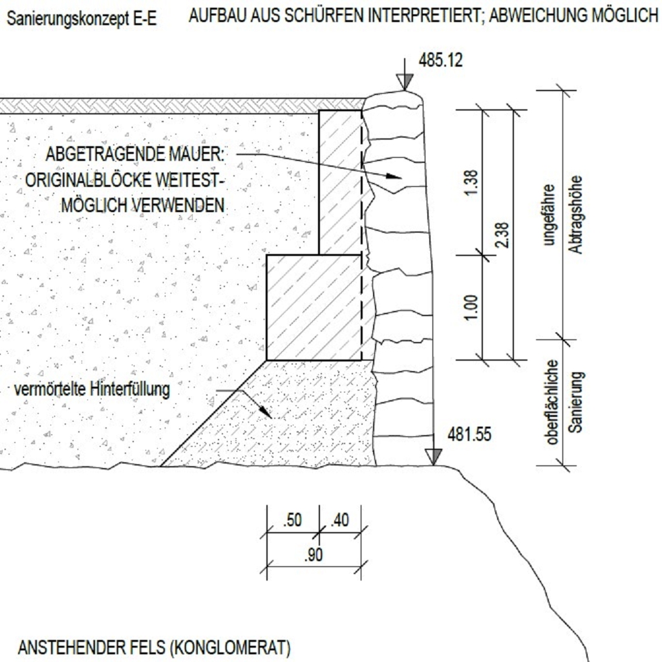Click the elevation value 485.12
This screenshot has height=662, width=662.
click(440, 60)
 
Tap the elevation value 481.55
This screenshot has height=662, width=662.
click(469, 434)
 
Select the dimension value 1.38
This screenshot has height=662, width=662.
click(471, 182)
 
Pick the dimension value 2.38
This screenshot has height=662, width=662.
click(503, 235)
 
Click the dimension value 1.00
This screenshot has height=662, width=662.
click(471, 307)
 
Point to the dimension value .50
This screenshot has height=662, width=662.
click(293, 520)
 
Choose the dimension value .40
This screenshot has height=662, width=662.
click(340, 520)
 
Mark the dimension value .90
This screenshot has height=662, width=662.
click(314, 555)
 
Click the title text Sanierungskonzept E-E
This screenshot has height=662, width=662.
click(81, 19)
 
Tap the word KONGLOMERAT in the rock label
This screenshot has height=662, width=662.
click(231, 648)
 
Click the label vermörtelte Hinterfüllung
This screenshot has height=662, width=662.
click(92, 389)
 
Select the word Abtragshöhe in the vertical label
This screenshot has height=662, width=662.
click(575, 215)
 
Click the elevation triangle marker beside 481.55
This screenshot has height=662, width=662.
click(434, 457)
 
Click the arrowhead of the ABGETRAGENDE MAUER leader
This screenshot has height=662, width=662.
click(394, 176)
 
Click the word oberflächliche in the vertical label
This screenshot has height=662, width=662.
click(552, 402)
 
